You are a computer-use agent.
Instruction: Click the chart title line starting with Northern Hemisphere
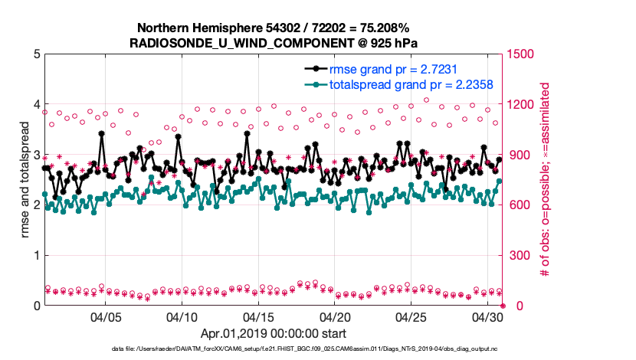pyautogui.click(x=274, y=27)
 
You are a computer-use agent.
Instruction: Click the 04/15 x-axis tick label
pyautogui.click(x=258, y=317)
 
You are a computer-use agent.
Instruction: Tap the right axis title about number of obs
pyautogui.click(x=547, y=180)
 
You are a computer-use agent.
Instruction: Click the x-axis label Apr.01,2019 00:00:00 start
pyautogui.click(x=274, y=334)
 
